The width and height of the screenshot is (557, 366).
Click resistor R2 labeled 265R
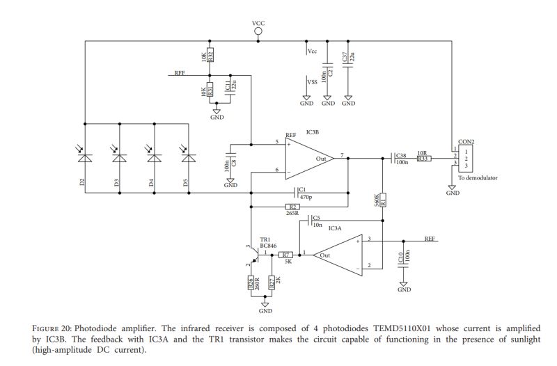[x=293, y=207]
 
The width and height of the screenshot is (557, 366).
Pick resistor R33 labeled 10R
[x=422, y=159]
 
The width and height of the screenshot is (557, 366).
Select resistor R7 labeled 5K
[x=286, y=255]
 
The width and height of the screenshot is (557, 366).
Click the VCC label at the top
[x=258, y=24]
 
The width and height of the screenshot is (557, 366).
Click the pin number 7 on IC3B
[x=341, y=154]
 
